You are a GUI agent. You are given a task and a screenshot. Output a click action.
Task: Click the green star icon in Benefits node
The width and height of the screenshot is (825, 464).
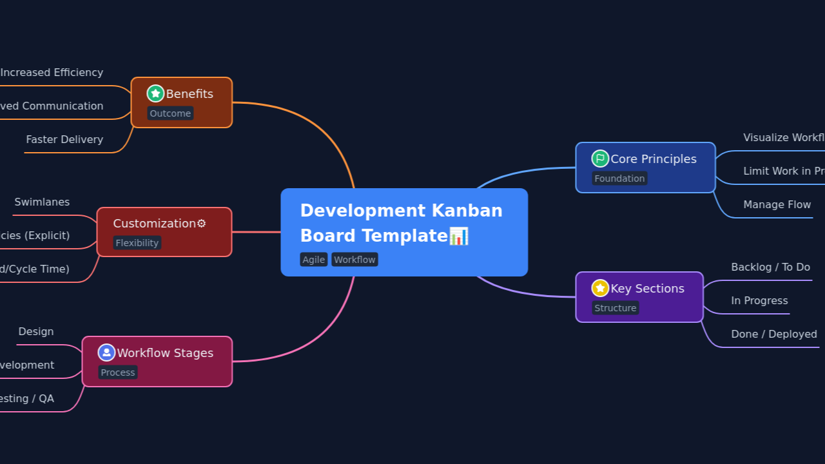tap(155, 93)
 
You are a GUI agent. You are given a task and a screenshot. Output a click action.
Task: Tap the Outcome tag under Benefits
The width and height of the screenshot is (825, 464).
tap(170, 113)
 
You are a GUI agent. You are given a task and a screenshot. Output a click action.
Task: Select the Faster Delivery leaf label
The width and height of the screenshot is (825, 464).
tap(64, 139)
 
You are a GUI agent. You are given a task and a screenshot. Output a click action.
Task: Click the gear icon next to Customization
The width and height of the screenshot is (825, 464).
tap(202, 224)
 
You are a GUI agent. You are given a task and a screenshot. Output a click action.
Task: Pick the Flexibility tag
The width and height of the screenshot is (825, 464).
tap(137, 243)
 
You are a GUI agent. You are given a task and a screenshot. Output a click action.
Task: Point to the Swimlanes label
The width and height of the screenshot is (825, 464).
tap(42, 202)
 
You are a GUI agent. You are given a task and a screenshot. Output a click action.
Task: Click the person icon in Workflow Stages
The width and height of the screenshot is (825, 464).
tap(106, 353)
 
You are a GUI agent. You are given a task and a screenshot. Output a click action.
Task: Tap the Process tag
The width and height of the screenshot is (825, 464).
tap(118, 372)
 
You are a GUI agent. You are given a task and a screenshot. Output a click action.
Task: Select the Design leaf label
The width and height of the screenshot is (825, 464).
tap(36, 331)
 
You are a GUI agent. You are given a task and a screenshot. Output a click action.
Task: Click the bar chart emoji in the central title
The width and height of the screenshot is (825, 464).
tap(459, 236)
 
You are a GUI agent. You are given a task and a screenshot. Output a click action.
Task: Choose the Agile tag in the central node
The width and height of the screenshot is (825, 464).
tap(314, 260)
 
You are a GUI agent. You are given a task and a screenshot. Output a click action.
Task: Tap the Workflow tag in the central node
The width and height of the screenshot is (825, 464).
tap(354, 260)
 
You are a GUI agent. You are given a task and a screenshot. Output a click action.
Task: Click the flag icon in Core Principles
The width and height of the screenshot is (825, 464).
tap(600, 159)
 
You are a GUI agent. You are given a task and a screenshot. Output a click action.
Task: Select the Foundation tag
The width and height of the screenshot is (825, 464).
tap(619, 179)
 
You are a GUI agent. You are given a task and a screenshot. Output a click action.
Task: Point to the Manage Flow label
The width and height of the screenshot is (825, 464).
tap(777, 204)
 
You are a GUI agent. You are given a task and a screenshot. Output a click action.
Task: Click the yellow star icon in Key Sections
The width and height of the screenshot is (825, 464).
tap(600, 288)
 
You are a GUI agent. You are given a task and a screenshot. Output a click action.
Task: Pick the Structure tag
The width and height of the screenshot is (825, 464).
tap(616, 308)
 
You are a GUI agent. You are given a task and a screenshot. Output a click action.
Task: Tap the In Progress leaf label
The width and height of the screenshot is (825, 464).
tap(759, 300)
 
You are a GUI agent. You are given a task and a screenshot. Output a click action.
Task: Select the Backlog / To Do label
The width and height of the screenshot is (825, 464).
tap(770, 267)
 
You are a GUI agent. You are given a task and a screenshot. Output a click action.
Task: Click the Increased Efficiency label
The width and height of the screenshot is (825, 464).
tap(52, 72)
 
